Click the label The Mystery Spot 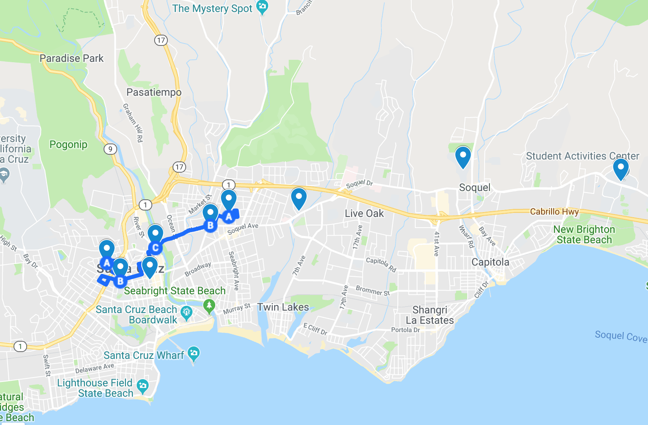(x=212, y=9)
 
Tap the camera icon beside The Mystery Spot (x=262, y=6)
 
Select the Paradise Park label (x=71, y=58)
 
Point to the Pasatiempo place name (x=154, y=92)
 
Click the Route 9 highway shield (x=110, y=149)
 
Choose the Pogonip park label (x=68, y=144)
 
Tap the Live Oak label (x=364, y=213)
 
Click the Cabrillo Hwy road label (x=554, y=211)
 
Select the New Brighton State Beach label (x=584, y=234)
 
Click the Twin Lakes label (x=283, y=307)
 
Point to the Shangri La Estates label (x=430, y=315)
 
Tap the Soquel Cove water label (x=621, y=336)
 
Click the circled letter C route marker (x=155, y=248)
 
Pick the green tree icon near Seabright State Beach (x=209, y=306)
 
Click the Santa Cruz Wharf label (x=144, y=355)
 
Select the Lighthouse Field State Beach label (x=95, y=388)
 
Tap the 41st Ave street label (x=436, y=243)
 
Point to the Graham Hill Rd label (x=133, y=122)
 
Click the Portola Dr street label (x=405, y=330)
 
